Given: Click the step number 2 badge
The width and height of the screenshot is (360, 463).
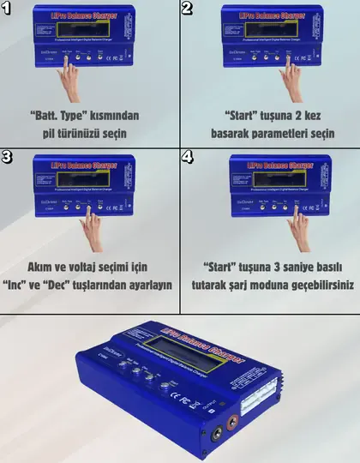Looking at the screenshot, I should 189,9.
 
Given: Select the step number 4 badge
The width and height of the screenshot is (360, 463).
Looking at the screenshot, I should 189,159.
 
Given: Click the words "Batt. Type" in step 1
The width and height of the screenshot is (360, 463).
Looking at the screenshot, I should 61,115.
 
